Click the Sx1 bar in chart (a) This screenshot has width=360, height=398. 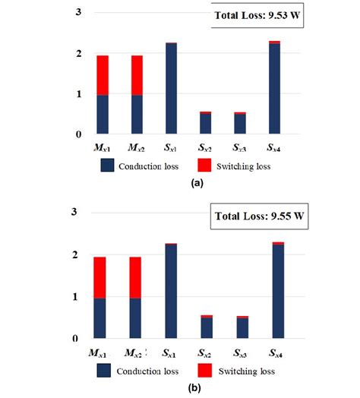tap(172, 90)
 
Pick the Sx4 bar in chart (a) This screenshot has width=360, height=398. tap(274, 89)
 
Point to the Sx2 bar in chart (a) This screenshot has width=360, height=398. tap(207, 124)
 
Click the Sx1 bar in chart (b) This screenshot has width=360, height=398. tap(172, 292)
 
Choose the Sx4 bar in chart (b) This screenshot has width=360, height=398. tap(275, 291)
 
